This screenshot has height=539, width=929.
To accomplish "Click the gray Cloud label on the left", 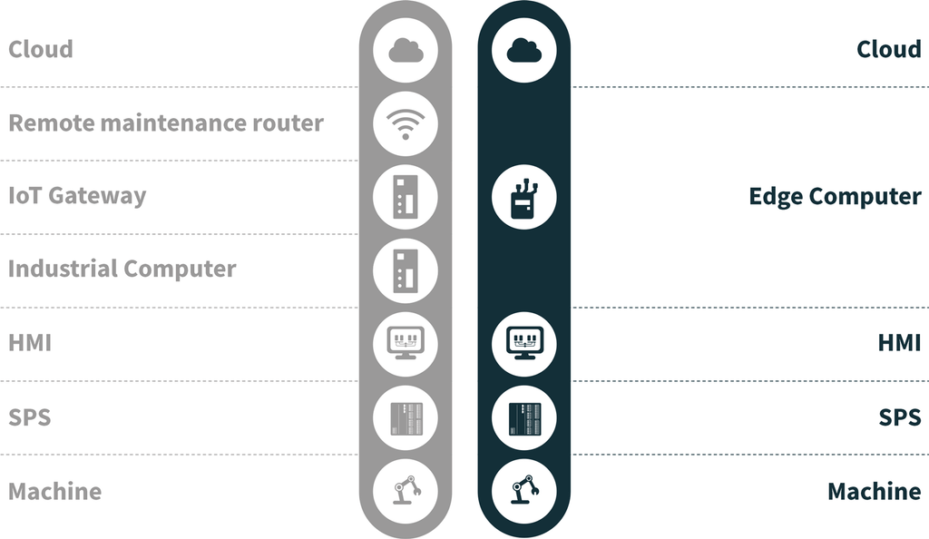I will pos(41,49).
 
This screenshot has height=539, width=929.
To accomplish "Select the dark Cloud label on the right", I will pos(888,49).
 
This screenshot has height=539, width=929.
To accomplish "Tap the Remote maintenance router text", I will pos(166,122).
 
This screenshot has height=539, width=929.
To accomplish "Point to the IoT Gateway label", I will pos(77,196).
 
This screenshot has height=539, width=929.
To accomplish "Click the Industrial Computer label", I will pos(122,269).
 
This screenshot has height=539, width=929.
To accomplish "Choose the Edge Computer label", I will pos(835,196).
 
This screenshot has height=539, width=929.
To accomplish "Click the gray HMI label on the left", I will pos(30,343).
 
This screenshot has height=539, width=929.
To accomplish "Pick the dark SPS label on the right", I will pos(899,417).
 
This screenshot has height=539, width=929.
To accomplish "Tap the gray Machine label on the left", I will pos(55,491).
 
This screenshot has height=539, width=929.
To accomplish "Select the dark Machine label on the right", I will pos(874,491).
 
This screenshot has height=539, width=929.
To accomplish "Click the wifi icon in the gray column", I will pos(406,123).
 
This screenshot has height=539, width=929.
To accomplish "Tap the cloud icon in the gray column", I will pos(406,51).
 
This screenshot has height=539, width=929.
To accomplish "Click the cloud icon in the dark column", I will pos(523,51).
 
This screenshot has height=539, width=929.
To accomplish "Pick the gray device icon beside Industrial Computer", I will pos(406,270).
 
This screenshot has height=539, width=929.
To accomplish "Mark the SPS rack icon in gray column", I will pos(406,417).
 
